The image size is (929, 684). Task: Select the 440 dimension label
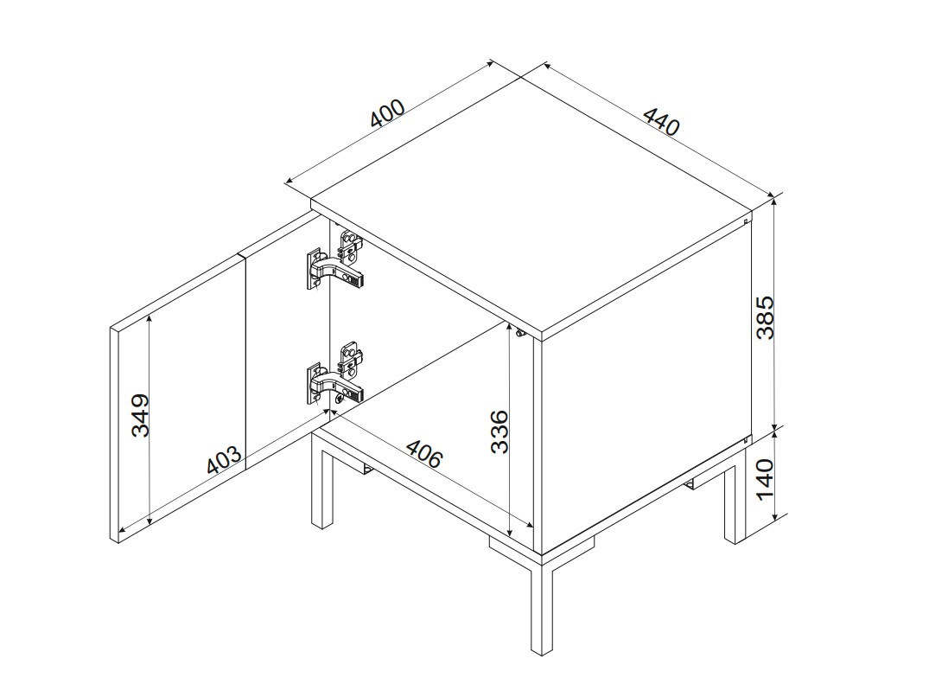click(x=661, y=121)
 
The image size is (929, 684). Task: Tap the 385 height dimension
click(x=766, y=317)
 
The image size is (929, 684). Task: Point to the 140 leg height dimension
click(x=766, y=479)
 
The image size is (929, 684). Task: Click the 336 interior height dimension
click(x=499, y=431)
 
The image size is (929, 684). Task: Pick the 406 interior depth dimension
click(x=423, y=454)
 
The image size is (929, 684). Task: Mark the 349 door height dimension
click(x=140, y=415)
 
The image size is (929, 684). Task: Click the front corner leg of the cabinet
click(x=542, y=604)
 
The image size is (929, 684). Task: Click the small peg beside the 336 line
click(x=519, y=335)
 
